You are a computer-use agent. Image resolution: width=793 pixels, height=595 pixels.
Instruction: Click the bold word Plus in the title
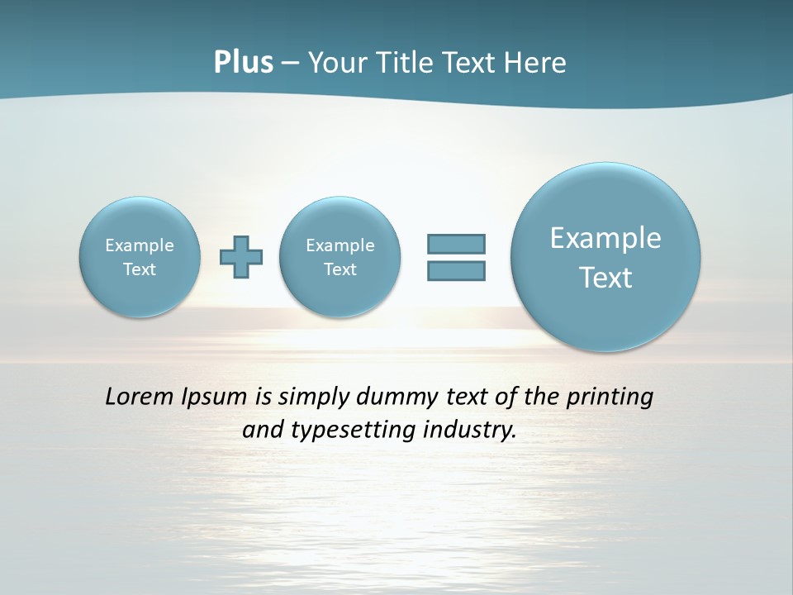click(243, 63)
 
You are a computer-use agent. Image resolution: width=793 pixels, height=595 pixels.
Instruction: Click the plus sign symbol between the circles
click(241, 257)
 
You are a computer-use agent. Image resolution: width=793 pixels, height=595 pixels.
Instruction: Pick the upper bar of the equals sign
click(456, 244)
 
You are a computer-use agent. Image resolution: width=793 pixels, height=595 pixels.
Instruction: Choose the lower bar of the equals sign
click(456, 270)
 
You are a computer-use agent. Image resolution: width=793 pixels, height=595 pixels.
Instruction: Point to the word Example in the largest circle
click(605, 238)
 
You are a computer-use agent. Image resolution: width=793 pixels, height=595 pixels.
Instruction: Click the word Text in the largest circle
click(605, 278)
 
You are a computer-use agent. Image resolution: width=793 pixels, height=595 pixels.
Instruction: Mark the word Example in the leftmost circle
click(140, 245)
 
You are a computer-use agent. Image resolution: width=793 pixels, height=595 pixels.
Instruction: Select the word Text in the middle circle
click(340, 269)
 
